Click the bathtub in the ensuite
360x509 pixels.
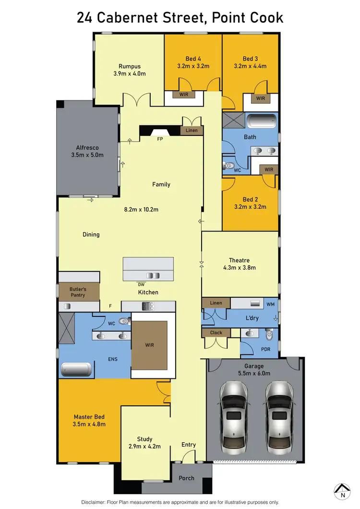76,370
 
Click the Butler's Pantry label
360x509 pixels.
77,292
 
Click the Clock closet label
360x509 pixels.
216,332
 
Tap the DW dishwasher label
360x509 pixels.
141,284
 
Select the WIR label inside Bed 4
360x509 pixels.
184,95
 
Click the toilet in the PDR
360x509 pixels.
269,333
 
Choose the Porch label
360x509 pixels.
186,478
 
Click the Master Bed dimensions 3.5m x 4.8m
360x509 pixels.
89,424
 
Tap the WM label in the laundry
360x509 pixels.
270,304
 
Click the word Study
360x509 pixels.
144,439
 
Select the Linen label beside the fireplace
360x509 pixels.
192,131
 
